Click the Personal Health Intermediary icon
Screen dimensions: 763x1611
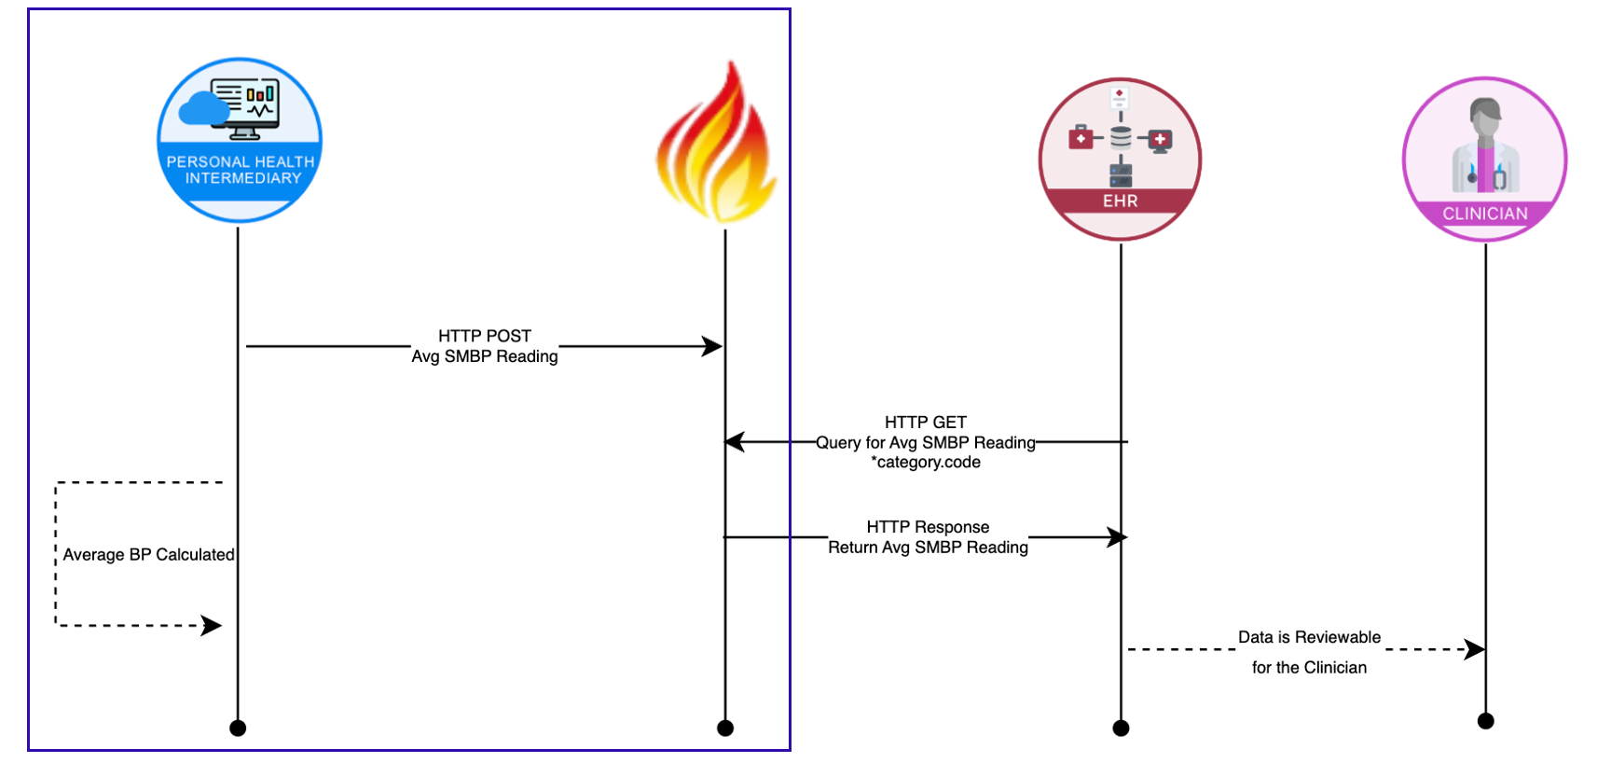(x=240, y=140)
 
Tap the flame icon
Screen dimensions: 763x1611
(x=717, y=145)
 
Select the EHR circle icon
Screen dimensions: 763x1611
(x=1120, y=160)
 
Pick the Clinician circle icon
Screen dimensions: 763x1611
(x=1485, y=160)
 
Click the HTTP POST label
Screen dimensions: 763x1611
(x=485, y=336)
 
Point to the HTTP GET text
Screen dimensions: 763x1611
(x=926, y=423)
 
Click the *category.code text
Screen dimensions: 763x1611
(x=926, y=463)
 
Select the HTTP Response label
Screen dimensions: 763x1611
(x=928, y=527)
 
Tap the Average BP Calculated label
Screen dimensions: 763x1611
(x=149, y=555)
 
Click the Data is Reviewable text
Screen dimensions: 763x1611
(x=1309, y=637)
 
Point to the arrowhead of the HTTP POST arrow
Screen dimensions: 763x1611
(x=713, y=347)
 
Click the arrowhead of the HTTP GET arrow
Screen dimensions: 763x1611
(x=735, y=442)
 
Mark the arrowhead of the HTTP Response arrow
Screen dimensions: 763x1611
(x=1117, y=537)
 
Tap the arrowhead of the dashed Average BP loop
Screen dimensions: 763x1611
(x=213, y=625)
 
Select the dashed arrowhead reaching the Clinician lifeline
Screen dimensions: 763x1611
(x=1475, y=649)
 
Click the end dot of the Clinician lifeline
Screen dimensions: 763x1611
(x=1486, y=721)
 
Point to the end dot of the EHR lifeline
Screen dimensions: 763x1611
(x=1121, y=728)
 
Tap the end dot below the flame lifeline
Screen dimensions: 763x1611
(x=725, y=728)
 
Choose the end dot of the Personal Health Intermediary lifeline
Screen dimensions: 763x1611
(x=238, y=728)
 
